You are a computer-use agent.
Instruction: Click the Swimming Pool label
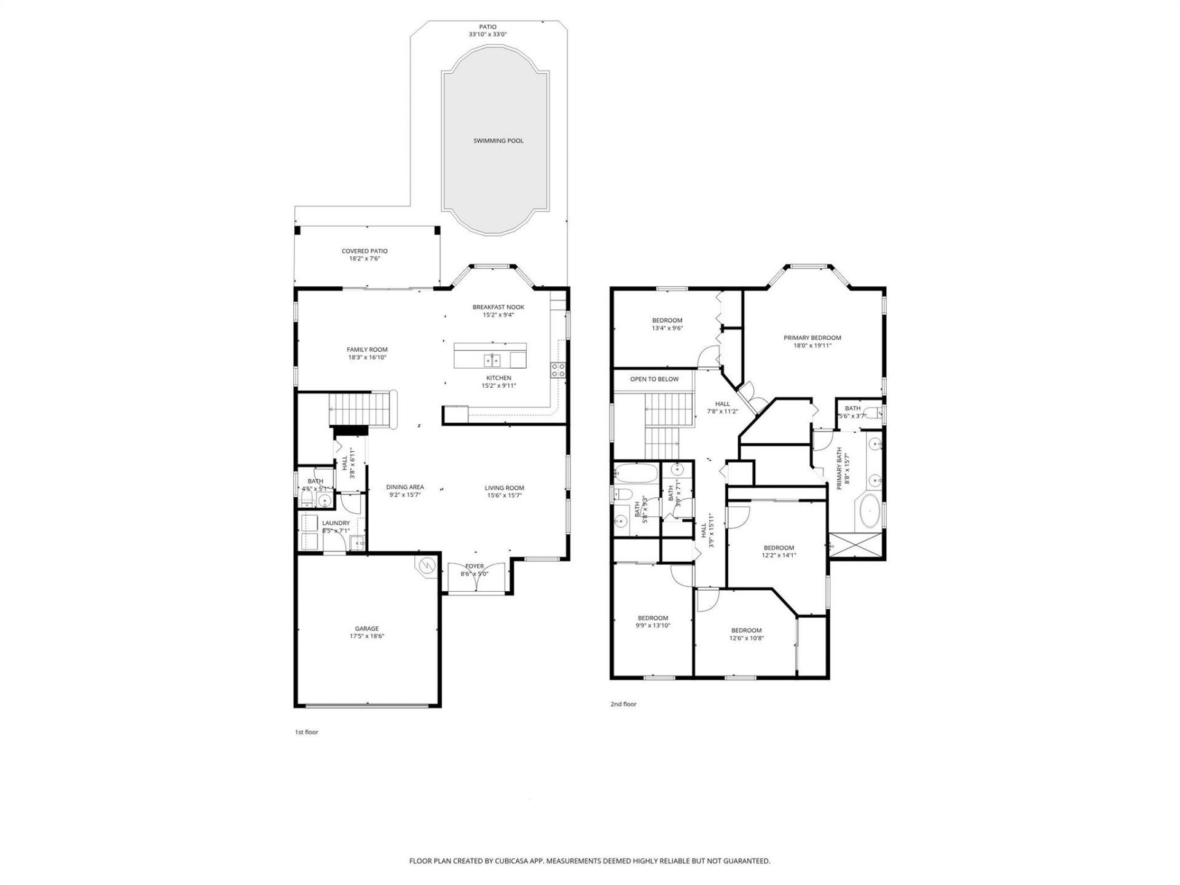[x=498, y=141]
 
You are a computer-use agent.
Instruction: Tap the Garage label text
[x=366, y=629]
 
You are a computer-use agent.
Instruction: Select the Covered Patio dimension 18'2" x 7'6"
[x=364, y=259]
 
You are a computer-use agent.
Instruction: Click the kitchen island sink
[x=493, y=359]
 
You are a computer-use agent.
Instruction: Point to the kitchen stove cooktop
[x=558, y=369]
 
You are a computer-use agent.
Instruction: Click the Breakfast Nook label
[x=498, y=307]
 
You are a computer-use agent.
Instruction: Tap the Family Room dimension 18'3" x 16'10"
[x=367, y=357]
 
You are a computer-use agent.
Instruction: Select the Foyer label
[x=474, y=566]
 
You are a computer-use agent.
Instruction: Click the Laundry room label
[x=336, y=523]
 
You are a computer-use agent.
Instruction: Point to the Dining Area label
[x=405, y=487]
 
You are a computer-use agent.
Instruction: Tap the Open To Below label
[x=654, y=379]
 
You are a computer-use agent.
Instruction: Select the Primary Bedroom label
[x=812, y=337]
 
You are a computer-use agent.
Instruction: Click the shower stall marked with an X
[x=856, y=545]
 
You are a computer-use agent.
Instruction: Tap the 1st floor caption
[x=307, y=732]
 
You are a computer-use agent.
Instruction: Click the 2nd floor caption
[x=623, y=704]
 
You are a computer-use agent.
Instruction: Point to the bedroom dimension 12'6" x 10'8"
[x=746, y=638]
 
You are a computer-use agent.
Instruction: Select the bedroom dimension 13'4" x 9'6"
[x=667, y=328]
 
